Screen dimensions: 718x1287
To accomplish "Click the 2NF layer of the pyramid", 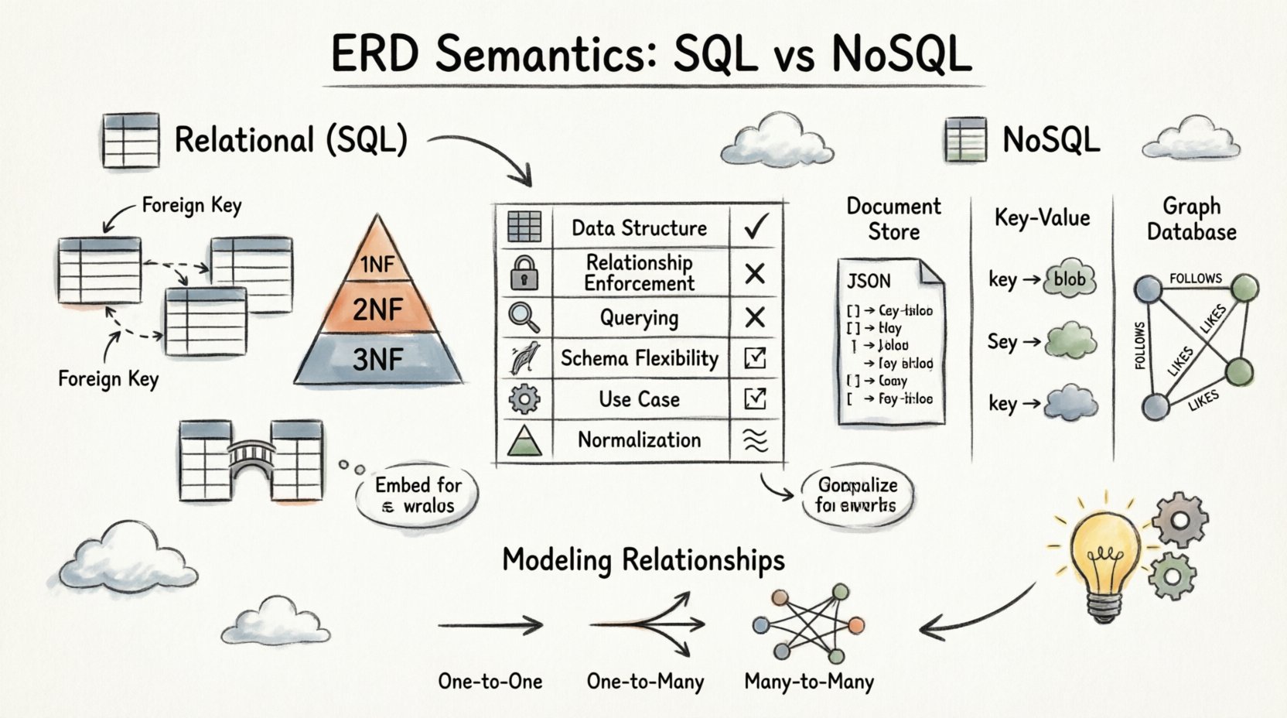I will tap(378, 309).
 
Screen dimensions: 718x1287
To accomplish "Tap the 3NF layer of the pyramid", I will tap(378, 360).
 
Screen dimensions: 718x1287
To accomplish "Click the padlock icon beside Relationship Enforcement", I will tap(524, 273).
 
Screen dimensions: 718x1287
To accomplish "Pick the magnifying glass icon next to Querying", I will tap(524, 317).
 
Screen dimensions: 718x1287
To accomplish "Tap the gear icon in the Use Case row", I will tap(524, 399).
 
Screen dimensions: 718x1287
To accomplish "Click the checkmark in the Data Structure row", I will tap(755, 227).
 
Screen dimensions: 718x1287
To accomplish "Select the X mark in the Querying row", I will tap(755, 317).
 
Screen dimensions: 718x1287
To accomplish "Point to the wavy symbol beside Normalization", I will tap(755, 440).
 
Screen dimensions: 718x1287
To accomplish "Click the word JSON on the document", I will tap(869, 281).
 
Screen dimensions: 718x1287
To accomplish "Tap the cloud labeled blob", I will tap(1070, 279).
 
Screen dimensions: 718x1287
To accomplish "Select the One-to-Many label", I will tap(645, 682).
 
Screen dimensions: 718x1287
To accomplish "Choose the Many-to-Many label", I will tap(809, 682).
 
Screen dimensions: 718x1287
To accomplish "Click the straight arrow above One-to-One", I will tap(490, 625).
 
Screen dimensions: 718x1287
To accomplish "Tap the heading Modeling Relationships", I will tap(643, 559).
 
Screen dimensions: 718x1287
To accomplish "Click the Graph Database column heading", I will tap(1191, 219).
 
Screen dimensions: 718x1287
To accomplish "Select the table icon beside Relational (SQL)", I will tap(131, 141).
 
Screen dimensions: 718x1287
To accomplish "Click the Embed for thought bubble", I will tap(418, 496).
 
